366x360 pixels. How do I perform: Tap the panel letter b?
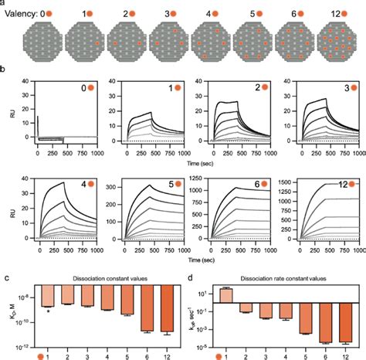[4, 70]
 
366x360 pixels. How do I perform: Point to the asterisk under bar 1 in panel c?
[49, 311]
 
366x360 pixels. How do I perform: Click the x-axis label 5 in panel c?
[126, 347]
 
